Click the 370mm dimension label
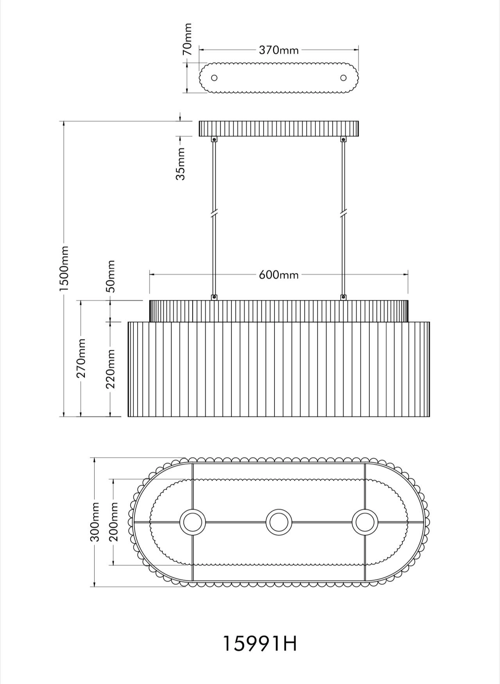(x=279, y=50)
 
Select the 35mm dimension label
(x=180, y=163)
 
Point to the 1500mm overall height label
(x=64, y=268)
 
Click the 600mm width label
(x=279, y=275)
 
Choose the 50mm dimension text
(x=111, y=276)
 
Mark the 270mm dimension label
(x=81, y=358)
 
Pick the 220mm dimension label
(x=111, y=368)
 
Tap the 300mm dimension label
(x=95, y=522)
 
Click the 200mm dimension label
(x=113, y=522)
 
